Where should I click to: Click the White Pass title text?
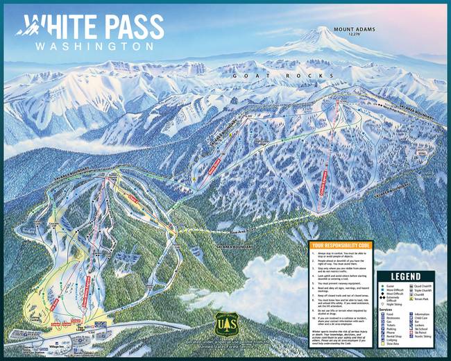[97, 26]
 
